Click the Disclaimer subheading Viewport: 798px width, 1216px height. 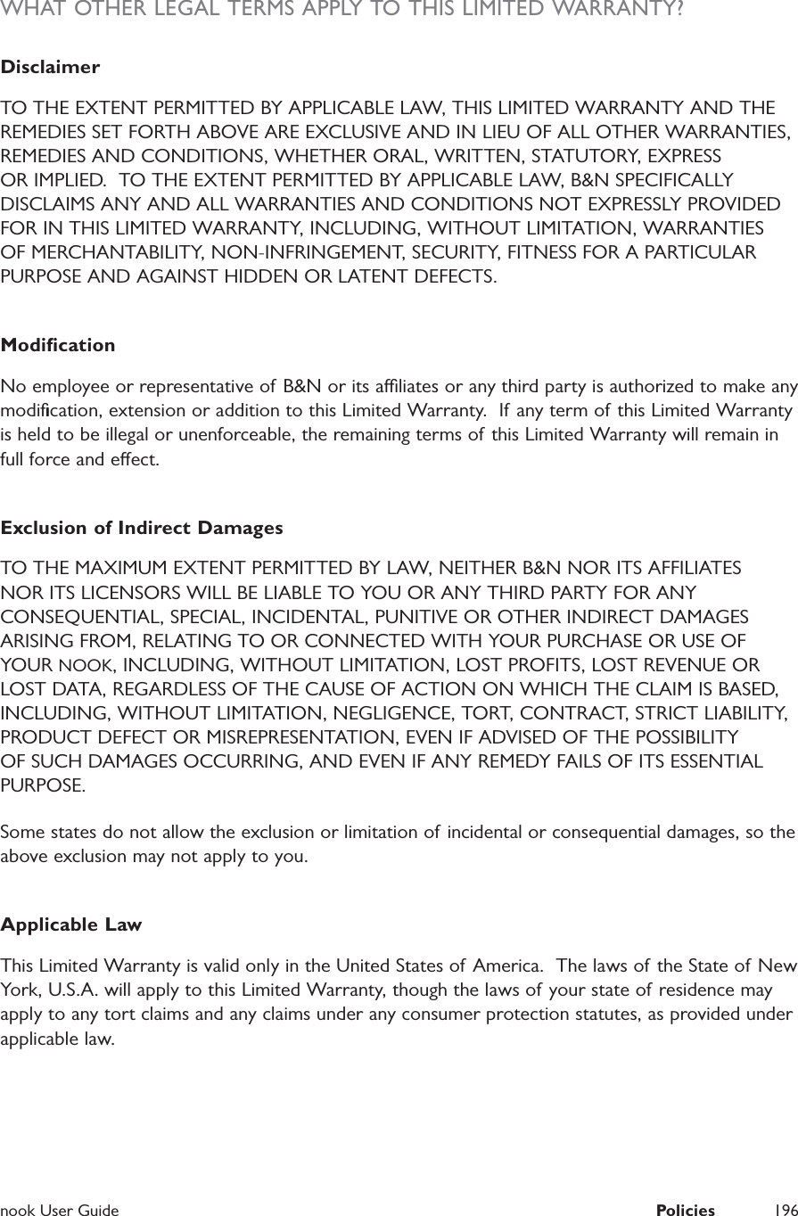pyautogui.click(x=50, y=68)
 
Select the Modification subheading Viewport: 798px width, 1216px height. pyautogui.click(x=58, y=345)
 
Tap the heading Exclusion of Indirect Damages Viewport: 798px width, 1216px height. pyautogui.click(x=142, y=529)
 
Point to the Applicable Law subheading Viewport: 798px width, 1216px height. pyautogui.click(x=71, y=924)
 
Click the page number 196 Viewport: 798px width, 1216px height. pyautogui.click(x=786, y=1210)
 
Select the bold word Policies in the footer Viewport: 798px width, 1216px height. pyautogui.click(x=685, y=1210)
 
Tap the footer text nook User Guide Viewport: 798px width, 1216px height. pyautogui.click(x=60, y=1210)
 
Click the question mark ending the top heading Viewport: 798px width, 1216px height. pyautogui.click(x=679, y=10)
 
